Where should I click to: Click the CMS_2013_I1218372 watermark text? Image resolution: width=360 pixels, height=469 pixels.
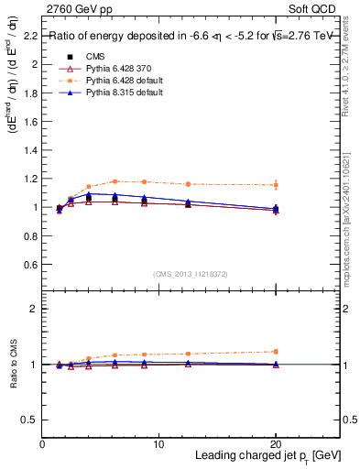pyautogui.click(x=191, y=274)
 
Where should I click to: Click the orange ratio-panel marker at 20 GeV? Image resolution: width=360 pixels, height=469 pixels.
pyautogui.click(x=276, y=352)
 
